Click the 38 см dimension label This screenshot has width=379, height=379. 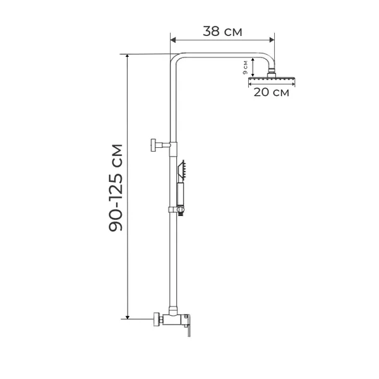coord(222,32)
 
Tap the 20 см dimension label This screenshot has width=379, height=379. coord(271,92)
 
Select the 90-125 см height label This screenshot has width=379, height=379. coord(116,188)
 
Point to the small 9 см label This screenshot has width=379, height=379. coord(245,68)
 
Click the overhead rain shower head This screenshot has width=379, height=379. coord(272,79)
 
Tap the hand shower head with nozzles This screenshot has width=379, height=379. coord(181,170)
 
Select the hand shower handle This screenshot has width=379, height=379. coord(180,194)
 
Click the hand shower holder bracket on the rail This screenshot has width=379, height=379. coord(177,210)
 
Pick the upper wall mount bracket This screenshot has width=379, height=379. coord(160,145)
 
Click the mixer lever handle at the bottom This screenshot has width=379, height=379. coord(188,325)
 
